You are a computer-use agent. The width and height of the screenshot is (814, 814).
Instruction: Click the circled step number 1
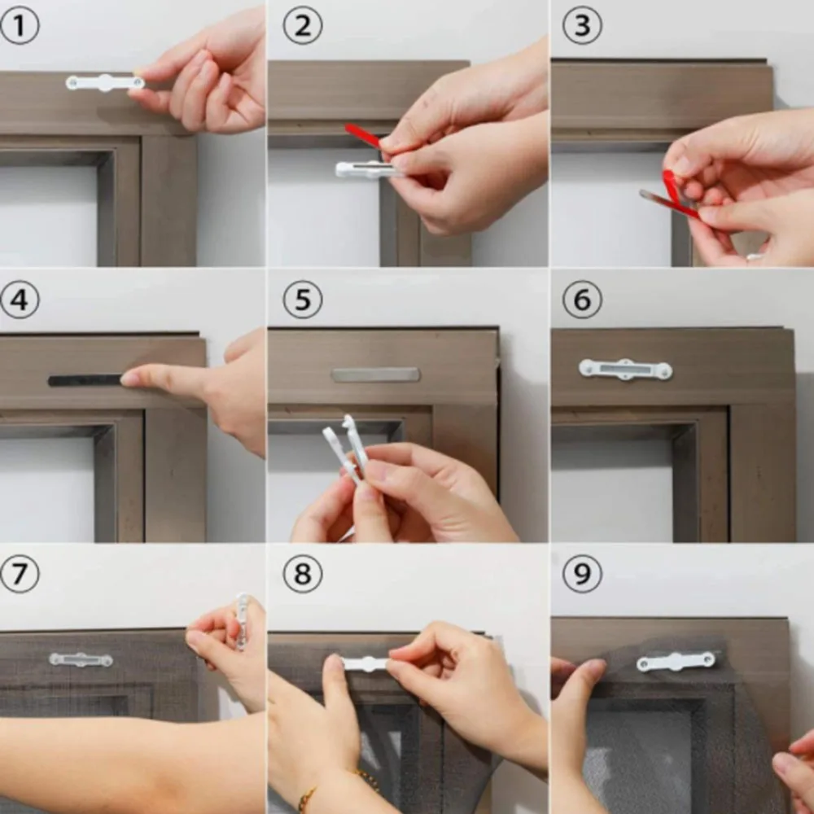tap(20, 25)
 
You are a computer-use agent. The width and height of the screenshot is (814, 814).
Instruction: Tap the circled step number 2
tap(302, 25)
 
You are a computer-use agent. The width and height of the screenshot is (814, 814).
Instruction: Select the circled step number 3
tap(582, 25)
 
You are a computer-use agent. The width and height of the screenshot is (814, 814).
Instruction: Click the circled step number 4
tap(20, 300)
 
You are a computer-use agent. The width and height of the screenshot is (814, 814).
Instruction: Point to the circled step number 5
tap(302, 300)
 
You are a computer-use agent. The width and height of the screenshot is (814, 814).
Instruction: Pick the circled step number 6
tap(582, 300)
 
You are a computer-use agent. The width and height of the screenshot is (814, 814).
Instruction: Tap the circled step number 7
tap(20, 574)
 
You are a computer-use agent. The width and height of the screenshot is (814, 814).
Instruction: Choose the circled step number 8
tap(302, 574)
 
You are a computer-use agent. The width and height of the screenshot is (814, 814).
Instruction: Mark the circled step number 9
tap(582, 574)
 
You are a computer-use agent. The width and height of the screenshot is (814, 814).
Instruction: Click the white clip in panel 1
tap(104, 83)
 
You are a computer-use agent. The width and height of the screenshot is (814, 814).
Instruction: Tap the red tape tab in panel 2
tap(362, 135)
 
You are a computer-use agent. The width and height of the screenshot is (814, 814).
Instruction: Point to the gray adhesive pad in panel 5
tap(375, 374)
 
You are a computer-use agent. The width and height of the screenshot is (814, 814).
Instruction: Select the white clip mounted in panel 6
tap(625, 370)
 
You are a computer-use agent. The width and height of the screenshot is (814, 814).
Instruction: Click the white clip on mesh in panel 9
tap(676, 661)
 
